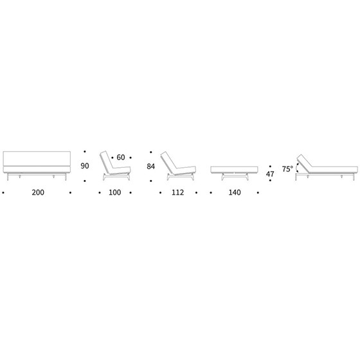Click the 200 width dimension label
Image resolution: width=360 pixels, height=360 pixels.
pos(38,192)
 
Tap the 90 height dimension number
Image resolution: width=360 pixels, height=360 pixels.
pos(85,166)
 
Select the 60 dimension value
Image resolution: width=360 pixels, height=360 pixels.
pos(121,157)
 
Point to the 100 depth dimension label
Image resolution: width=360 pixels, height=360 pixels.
pos(115,192)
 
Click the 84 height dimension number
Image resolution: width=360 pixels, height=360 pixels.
pos(151,166)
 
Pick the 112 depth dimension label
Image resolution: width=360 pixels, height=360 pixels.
pos(177,192)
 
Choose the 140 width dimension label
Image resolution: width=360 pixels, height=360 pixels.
pos(235,192)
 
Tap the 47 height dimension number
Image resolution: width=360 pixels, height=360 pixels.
pos(270,174)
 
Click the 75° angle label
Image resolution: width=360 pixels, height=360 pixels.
pos(287,169)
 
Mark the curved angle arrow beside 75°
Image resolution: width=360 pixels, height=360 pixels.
pos(296,168)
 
